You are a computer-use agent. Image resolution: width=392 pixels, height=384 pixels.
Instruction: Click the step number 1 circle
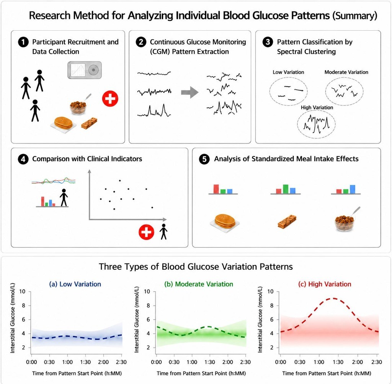pos(23,42)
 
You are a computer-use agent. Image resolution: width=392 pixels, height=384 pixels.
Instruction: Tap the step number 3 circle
pos(268,42)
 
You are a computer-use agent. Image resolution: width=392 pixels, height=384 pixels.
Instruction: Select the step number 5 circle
pos(204,159)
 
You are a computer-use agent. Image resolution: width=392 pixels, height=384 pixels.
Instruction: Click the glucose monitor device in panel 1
pos(85,70)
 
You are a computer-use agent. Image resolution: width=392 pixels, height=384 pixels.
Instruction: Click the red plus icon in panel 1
pos(110,98)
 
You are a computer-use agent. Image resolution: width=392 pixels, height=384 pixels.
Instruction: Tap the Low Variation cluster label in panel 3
pos(288,72)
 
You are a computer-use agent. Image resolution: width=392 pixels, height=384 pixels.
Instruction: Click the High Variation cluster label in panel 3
pos(317,107)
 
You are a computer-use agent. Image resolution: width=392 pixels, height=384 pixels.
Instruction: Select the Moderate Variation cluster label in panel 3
pos(346,72)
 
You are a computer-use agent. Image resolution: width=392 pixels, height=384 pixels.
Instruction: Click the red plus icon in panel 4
pos(146,232)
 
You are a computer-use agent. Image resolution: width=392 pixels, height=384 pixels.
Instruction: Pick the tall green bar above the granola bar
pos(286,189)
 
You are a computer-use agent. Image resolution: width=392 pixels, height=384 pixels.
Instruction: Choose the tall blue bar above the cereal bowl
pos(353,189)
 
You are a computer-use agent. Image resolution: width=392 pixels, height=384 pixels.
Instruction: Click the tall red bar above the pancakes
pos(216,189)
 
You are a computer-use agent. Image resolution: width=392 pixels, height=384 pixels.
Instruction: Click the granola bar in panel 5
pos(287,221)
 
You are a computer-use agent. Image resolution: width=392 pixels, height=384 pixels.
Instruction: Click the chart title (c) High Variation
pos(325,284)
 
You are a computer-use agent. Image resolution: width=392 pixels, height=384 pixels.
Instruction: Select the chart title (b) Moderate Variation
pos(199,284)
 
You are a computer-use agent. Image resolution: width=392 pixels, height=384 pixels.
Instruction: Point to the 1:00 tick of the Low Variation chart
pos(67,362)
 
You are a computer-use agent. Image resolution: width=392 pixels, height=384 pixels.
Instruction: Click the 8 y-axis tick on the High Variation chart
pos(272,305)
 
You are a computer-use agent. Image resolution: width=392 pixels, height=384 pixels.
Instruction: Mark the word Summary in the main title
pos(355,15)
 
